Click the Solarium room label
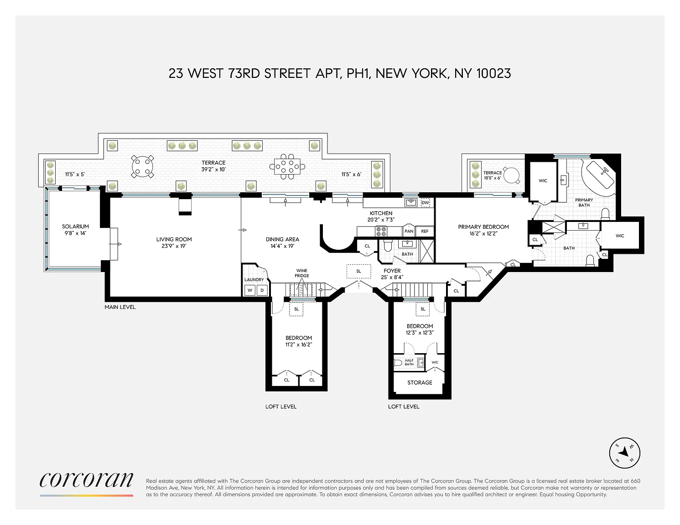[x=75, y=226]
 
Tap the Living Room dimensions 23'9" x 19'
[x=174, y=246]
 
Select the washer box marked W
[x=250, y=290]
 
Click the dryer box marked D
[x=262, y=290]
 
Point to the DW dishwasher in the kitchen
[x=425, y=203]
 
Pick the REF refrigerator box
[x=425, y=232]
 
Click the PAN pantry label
[x=409, y=232]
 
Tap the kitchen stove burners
[x=381, y=232]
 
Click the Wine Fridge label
[x=302, y=273]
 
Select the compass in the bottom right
[x=624, y=453]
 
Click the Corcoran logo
[x=86, y=479]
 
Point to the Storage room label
[x=420, y=382]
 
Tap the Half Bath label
[x=409, y=362]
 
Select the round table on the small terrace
[x=511, y=175]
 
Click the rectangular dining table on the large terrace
[x=287, y=167]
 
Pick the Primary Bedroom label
[x=483, y=226]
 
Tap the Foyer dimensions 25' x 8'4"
[x=392, y=277]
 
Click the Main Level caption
[x=120, y=307]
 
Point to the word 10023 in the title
[x=494, y=73]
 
